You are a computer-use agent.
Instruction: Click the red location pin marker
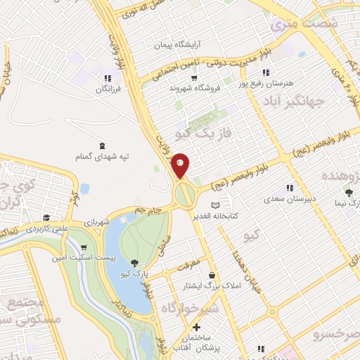181,165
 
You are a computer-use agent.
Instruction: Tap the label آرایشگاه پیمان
178,44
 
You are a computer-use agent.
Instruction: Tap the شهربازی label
96,223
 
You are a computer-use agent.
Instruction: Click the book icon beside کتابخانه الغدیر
226,205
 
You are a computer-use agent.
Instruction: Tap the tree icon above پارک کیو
135,262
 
